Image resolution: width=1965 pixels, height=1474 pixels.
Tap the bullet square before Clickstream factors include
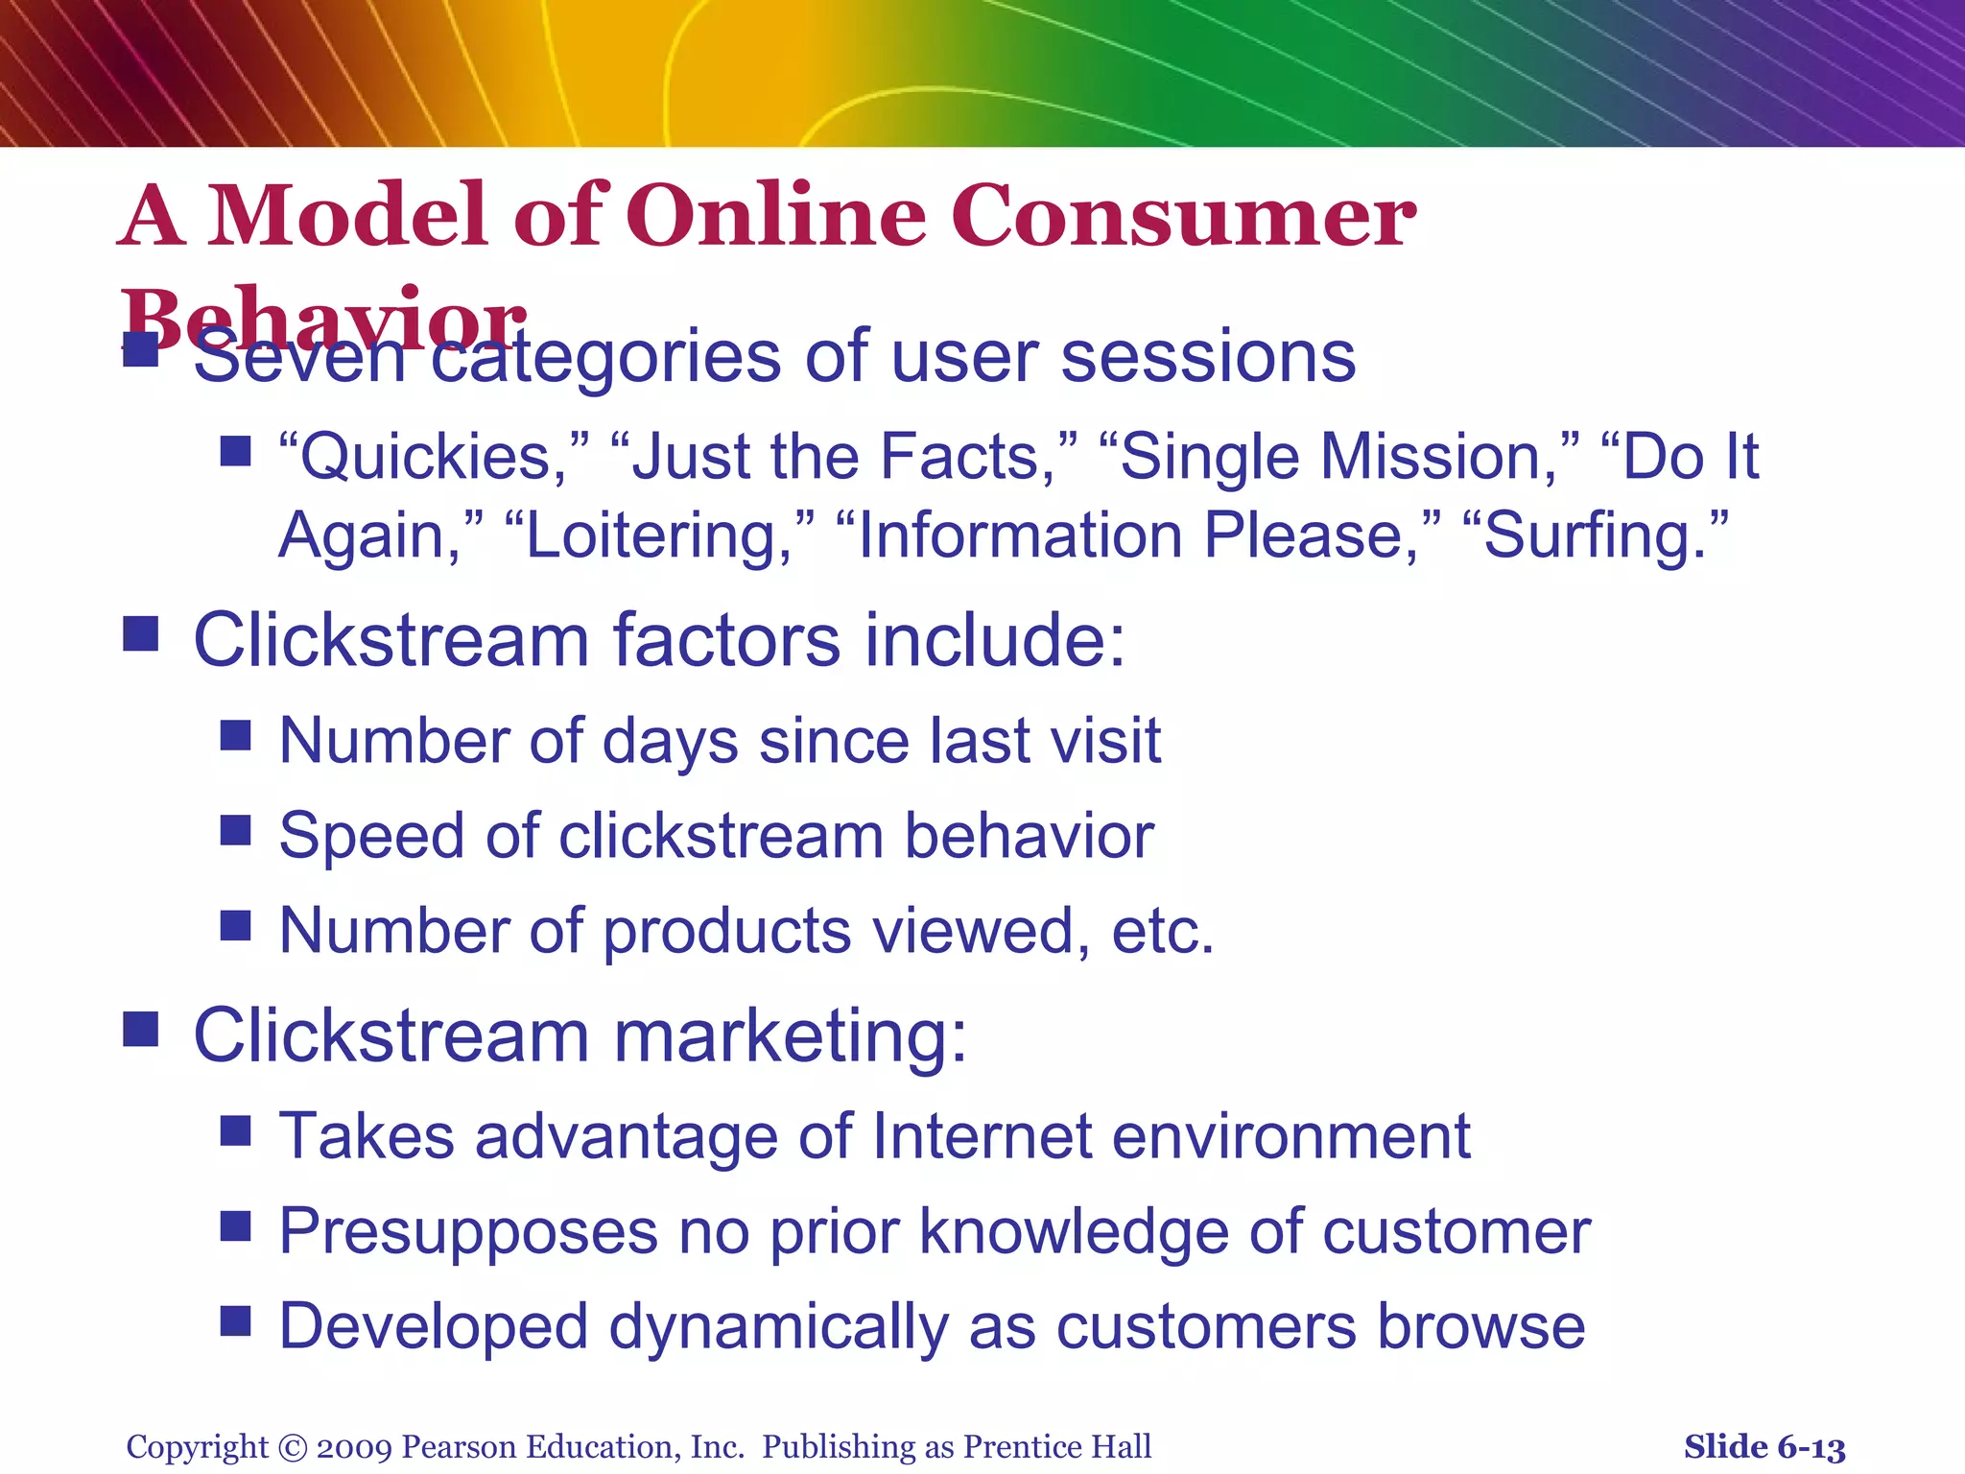(141, 634)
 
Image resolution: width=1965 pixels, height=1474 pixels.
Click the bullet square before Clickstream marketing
(141, 1030)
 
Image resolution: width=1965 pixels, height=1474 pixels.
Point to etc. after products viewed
(1162, 931)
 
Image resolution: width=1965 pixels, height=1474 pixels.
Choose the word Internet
(982, 1136)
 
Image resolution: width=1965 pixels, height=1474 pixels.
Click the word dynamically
(777, 1328)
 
